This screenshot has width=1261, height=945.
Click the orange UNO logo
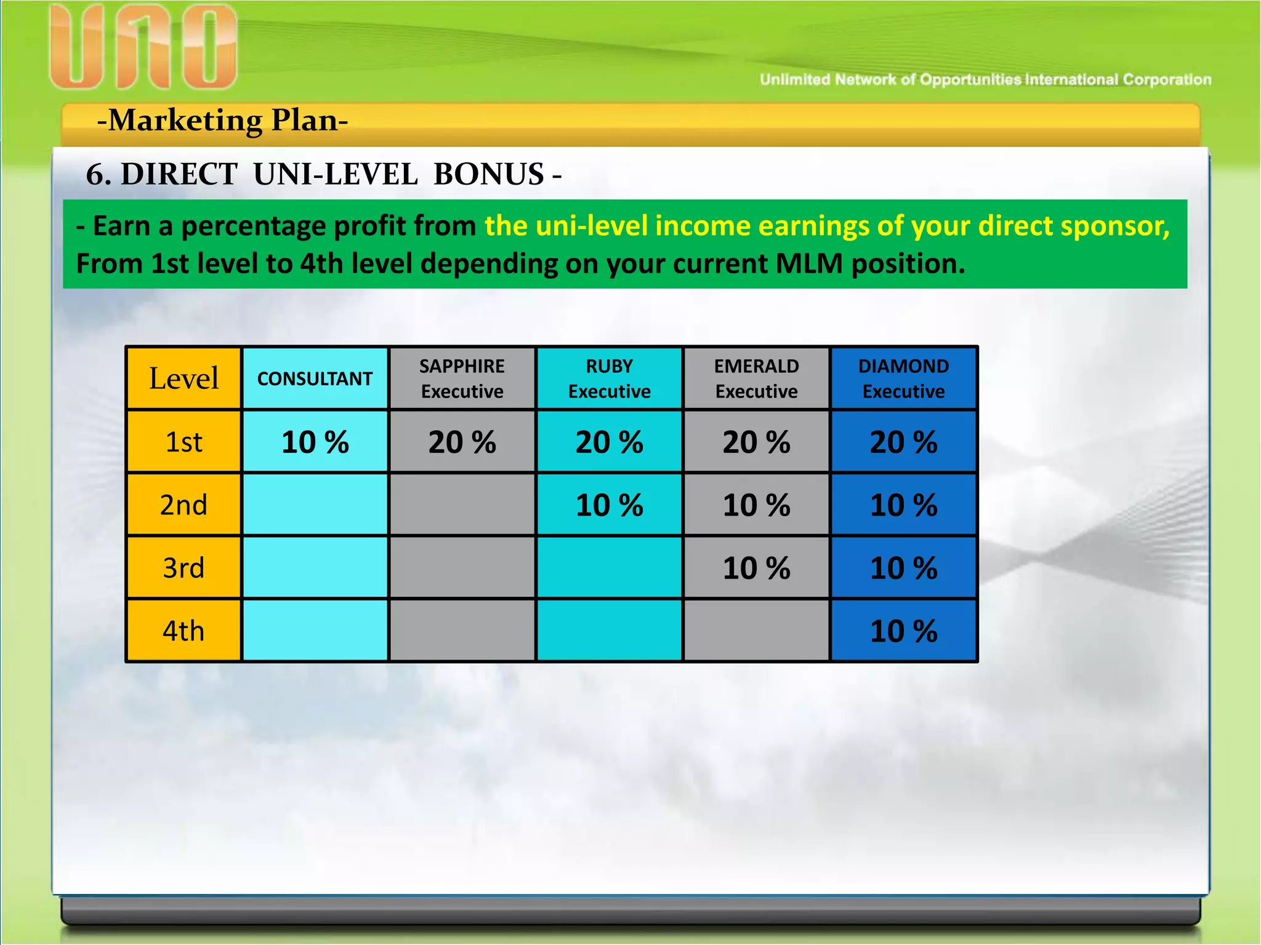pos(143,47)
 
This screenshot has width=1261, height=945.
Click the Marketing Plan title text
pos(222,120)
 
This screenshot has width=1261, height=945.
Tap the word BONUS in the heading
pos(488,174)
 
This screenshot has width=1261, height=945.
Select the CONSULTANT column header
pos(315,378)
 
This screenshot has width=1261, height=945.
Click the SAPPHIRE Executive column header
pos(462,378)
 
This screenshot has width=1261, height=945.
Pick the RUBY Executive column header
pos(609,378)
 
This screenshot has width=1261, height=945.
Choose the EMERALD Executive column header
pos(756,378)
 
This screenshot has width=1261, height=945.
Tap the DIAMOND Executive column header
pos(903,378)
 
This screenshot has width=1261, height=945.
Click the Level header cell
pos(183,378)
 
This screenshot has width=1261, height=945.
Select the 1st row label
pos(183,442)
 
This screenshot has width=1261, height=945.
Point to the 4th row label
pos(183,631)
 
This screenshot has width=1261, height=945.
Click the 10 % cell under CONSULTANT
pos(315,442)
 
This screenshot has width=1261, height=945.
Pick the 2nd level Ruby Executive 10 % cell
pos(609,505)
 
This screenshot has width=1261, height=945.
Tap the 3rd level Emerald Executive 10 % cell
pos(756,568)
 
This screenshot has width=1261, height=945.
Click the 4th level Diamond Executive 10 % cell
pos(903,631)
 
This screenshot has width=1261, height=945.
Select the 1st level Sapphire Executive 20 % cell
pos(462,442)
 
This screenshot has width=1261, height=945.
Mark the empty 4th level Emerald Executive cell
pos(756,631)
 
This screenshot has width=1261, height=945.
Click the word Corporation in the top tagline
pos(1167,79)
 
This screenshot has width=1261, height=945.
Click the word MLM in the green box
pos(808,263)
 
